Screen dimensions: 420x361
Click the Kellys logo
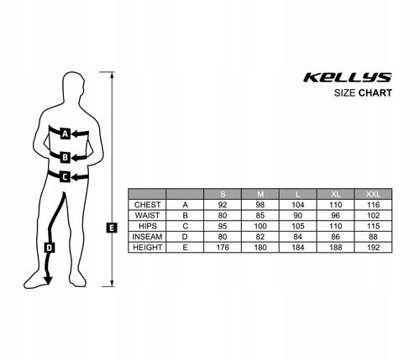[348, 77]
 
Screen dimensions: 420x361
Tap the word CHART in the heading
[375, 93]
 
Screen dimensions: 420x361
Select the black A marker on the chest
[65, 134]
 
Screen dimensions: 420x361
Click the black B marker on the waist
[65, 157]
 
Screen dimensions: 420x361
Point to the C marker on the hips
[65, 177]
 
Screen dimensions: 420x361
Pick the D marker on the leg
[50, 248]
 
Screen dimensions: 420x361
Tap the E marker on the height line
[112, 228]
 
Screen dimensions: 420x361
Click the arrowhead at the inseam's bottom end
[48, 280]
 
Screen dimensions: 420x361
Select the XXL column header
[373, 194]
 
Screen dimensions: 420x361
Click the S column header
[223, 194]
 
